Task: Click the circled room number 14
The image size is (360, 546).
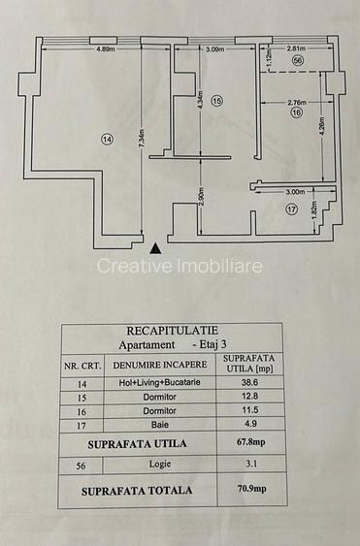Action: (x=106, y=140)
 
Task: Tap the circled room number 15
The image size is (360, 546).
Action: (x=216, y=100)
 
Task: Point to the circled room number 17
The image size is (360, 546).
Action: (x=289, y=209)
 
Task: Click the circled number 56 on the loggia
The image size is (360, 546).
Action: (x=297, y=60)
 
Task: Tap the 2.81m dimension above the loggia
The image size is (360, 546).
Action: (x=297, y=48)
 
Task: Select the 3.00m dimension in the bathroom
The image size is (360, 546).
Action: (x=295, y=192)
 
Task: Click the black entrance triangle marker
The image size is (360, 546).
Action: (x=155, y=246)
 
